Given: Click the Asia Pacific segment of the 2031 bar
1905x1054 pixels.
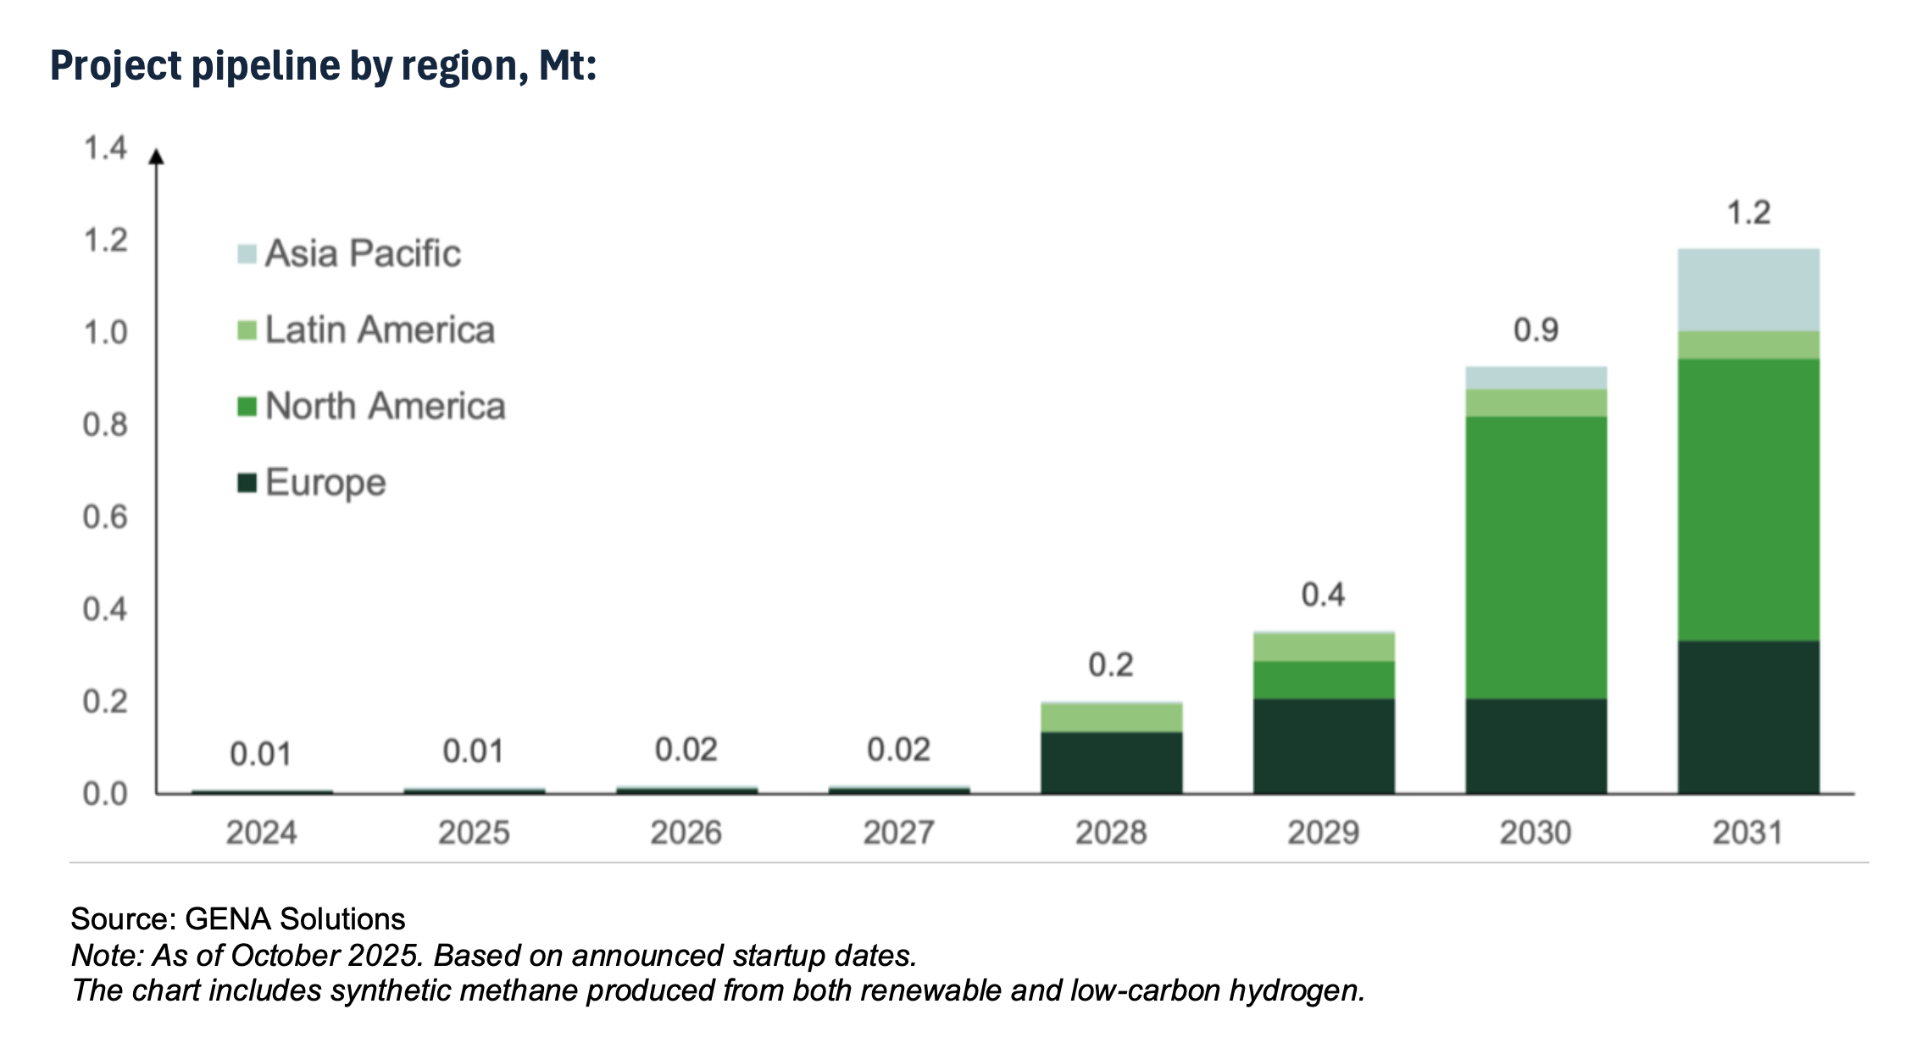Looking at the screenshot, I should tap(1747, 290).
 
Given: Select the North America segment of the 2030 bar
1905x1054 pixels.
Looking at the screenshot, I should tap(1536, 557).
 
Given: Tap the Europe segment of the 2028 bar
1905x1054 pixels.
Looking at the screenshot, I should tap(1111, 763).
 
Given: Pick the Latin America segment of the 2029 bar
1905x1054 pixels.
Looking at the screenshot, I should tap(1324, 647).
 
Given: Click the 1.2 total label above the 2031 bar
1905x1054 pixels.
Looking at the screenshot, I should tap(1749, 213).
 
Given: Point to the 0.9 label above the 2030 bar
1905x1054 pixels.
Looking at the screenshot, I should tap(1536, 330).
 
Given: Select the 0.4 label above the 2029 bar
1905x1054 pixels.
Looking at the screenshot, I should tap(1323, 595).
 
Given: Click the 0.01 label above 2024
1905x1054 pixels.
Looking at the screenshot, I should tap(260, 754).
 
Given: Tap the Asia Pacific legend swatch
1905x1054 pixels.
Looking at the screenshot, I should tap(247, 254).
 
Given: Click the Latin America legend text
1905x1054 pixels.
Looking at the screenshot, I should tap(380, 330).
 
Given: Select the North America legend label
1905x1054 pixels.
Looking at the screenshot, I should tap(385, 406).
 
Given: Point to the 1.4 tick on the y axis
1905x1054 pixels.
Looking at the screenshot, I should tap(105, 148).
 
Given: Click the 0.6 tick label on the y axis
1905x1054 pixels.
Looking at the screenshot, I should tap(105, 517).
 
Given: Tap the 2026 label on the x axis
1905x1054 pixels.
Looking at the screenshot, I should tap(686, 833).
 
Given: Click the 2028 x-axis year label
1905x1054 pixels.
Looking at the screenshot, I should tap(1111, 833).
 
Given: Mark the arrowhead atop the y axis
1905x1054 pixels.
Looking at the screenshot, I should tap(156, 157).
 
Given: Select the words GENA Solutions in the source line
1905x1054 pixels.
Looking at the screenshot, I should tap(294, 919).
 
